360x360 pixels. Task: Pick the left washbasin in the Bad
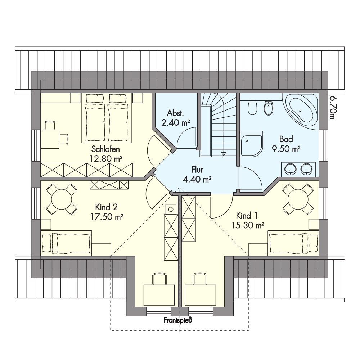coord(291,169)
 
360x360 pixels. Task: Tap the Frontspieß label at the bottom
coord(178,320)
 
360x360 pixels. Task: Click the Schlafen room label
coord(105,149)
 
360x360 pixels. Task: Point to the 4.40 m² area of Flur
coord(197,179)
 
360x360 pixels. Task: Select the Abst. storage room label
coord(175,113)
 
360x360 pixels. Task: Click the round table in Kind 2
coord(61,199)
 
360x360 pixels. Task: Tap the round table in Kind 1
coord(298,199)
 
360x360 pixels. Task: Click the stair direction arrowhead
coord(223,154)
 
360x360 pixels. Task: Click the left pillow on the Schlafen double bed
coord(94,99)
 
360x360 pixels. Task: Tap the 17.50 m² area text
coord(107,217)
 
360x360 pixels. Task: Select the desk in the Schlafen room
coord(50,139)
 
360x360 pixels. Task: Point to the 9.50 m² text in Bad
coord(286,149)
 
